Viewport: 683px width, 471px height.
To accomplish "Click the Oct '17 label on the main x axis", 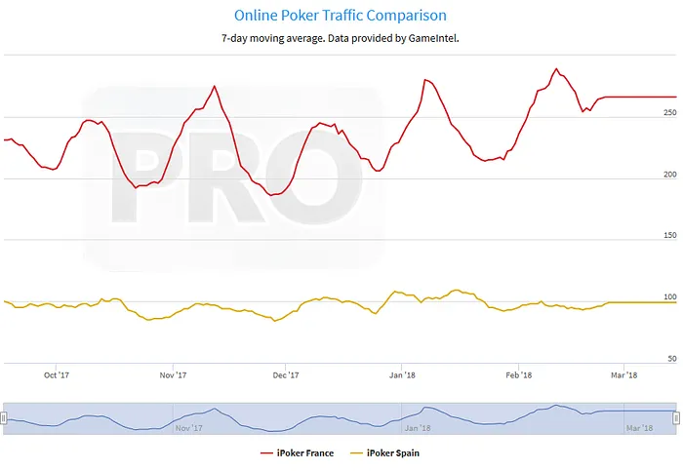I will point(57,374).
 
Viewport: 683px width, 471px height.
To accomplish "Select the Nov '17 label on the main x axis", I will point(172,374).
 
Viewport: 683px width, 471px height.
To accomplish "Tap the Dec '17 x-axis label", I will point(285,374).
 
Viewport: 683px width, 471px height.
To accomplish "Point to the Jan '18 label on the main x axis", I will point(402,374).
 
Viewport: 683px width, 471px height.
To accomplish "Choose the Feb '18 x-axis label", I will point(518,374).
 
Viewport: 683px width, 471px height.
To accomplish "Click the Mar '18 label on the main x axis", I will point(624,374).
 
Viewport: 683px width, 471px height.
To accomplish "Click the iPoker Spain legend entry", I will point(385,452).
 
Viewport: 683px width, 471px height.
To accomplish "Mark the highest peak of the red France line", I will point(556,69).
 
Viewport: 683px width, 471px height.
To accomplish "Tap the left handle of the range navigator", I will point(4,417).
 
